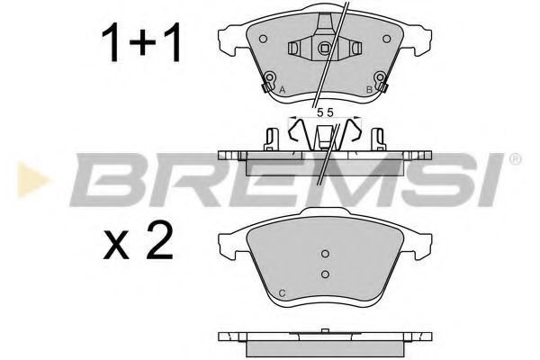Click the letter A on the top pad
coord(283,90)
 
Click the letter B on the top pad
coord(369,90)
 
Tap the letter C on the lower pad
coord(282,293)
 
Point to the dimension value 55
coord(325,112)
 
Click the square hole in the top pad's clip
coord(324,49)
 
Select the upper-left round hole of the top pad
coord(263,39)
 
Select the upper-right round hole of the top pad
coord(387,39)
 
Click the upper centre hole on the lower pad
coord(325,254)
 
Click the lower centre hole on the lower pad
coord(325,274)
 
